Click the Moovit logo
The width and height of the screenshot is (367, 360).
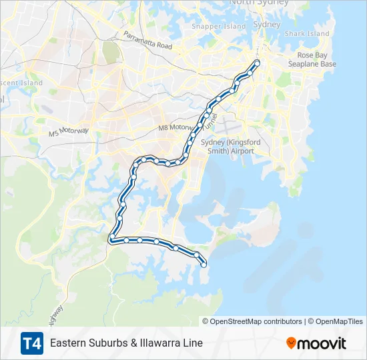tap(316, 343)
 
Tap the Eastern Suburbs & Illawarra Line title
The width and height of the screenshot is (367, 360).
tap(126, 343)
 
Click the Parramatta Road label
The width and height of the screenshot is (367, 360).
tap(147, 40)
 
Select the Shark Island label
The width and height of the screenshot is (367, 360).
tap(307, 33)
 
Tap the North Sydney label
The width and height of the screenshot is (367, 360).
tap(259, 3)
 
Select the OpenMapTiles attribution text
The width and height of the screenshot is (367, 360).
tap(337, 321)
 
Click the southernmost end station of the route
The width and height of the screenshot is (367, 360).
tap(204, 265)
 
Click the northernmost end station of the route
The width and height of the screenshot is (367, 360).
tap(257, 63)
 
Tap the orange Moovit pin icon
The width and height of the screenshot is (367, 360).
tap(291, 343)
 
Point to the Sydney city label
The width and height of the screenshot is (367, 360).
tap(267, 24)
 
